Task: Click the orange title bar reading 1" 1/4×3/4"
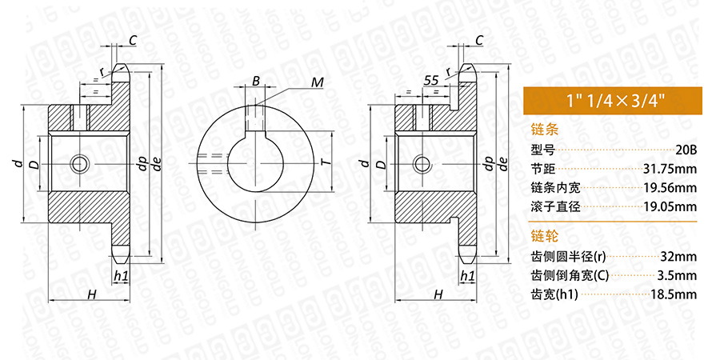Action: tap(613, 101)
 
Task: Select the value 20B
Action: tap(686, 150)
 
